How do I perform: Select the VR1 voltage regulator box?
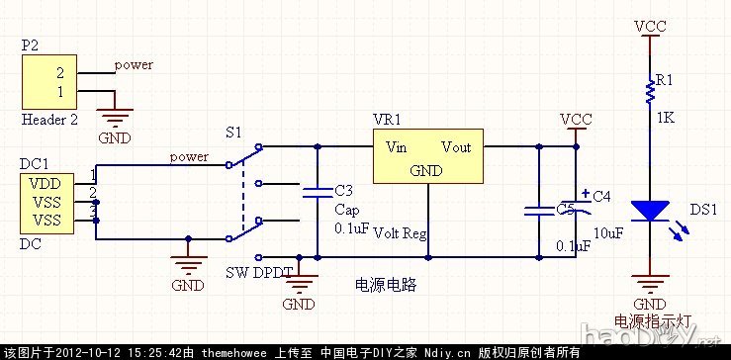[428, 158]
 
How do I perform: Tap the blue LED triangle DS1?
[650, 211]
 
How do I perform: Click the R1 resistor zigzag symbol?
[650, 92]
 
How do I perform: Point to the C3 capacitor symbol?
[318, 194]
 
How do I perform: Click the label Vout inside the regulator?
[456, 147]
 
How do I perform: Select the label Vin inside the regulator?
[396, 147]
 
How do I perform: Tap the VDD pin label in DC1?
[46, 183]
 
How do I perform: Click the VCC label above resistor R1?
[650, 26]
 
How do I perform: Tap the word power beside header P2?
[134, 65]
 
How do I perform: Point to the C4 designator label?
[601, 196]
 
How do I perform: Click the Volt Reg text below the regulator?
[401, 233]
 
